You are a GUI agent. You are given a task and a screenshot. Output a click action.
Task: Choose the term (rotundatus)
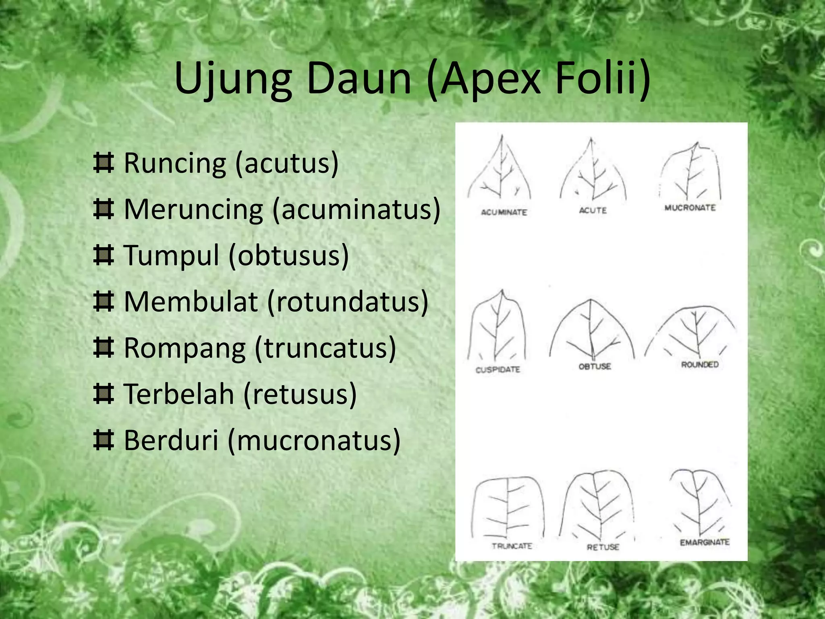347,301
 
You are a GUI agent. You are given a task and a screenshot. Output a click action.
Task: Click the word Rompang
184,348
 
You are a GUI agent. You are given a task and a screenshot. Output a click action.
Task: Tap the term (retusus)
300,394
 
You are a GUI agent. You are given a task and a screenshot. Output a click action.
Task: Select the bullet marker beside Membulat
103,301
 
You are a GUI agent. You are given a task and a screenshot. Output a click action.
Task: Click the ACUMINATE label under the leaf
504,212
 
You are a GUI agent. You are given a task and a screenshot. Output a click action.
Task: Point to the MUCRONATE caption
690,208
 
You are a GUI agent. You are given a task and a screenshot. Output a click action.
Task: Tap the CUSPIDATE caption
498,370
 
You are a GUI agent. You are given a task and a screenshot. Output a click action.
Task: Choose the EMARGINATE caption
705,542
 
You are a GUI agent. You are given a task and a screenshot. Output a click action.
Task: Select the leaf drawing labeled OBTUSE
591,330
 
